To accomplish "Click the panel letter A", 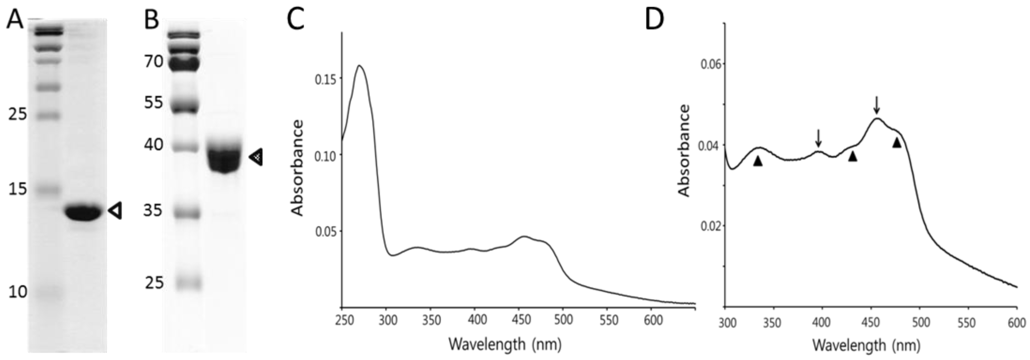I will pyautogui.click(x=15, y=20).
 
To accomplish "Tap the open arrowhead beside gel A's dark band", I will pyautogui.click(x=115, y=210).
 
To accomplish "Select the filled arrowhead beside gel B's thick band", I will pyautogui.click(x=256, y=157).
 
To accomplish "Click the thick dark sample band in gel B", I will pyautogui.click(x=224, y=158).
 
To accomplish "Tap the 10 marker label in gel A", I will pyautogui.click(x=18, y=292).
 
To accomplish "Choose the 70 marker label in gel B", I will pyautogui.click(x=154, y=61).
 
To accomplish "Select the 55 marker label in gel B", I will pyautogui.click(x=154, y=103).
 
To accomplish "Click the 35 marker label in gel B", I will pyautogui.click(x=153, y=210).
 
